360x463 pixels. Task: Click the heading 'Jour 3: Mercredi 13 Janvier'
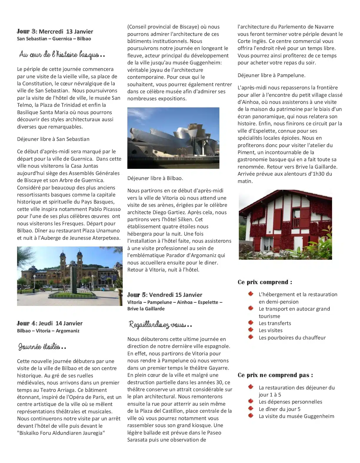[55, 31]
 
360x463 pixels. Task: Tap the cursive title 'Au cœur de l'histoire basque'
[62, 54]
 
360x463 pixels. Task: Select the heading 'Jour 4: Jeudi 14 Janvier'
[50, 323]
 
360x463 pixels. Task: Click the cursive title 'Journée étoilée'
[42, 347]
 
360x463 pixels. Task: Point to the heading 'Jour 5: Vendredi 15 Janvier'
[165, 295]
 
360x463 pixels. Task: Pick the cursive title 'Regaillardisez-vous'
[160, 325]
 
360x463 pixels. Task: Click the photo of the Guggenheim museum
[173, 138]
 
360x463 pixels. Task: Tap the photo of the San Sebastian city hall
[70, 276]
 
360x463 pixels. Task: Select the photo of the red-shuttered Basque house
[285, 225]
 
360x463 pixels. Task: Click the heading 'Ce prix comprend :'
[265, 282]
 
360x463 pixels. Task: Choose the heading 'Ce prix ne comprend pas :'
[275, 375]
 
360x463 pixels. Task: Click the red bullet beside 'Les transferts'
[251, 323]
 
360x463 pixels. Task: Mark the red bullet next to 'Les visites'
[251, 330]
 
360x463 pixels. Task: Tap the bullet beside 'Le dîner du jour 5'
[251, 409]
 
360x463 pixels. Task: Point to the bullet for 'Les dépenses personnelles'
[251, 402]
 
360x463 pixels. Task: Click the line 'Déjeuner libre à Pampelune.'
[271, 75]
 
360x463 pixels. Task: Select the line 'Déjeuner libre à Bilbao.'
[155, 178]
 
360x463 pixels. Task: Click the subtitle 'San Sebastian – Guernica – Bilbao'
[54, 39]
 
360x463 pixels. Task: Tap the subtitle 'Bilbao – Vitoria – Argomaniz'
[48, 331]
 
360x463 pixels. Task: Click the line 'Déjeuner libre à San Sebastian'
[53, 139]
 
